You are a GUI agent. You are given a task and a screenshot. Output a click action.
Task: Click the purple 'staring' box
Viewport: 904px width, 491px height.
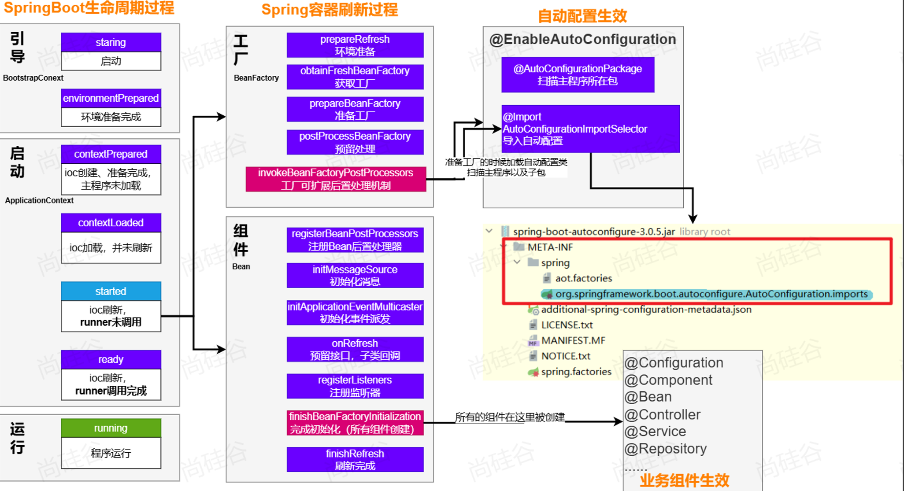[111, 42]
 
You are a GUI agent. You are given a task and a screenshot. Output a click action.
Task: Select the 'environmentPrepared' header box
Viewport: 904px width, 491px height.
[111, 98]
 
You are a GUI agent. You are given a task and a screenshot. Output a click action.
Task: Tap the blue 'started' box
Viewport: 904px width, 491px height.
[111, 291]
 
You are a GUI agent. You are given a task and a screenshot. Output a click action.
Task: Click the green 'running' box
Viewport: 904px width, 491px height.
[111, 428]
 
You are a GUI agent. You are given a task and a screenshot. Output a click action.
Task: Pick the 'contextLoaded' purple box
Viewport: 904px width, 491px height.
[111, 223]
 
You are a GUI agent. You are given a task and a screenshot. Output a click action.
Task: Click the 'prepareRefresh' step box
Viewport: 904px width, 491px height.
[355, 45]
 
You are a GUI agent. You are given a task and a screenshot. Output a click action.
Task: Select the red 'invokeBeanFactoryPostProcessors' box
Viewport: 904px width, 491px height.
[335, 179]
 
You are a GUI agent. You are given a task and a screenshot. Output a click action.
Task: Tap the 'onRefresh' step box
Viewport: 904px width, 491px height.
[355, 349]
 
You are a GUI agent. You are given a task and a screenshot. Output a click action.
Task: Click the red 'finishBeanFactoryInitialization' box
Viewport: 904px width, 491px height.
[355, 423]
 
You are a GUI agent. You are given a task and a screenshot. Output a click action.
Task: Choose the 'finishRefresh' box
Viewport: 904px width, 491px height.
[355, 459]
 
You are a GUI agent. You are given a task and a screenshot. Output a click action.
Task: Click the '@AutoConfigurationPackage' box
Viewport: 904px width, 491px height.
[578, 74]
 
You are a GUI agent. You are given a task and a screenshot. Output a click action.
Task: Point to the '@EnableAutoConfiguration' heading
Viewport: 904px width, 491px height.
[582, 39]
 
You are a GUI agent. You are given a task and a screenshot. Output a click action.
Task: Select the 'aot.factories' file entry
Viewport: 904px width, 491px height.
[583, 278]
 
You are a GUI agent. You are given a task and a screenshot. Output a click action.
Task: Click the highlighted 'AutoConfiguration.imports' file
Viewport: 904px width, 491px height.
[711, 294]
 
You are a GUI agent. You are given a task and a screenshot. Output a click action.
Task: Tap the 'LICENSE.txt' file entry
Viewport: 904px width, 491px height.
[567, 325]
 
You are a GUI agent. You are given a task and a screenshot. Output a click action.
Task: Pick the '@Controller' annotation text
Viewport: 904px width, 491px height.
[662, 414]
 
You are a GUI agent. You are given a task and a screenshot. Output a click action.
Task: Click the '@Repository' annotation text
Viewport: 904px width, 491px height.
[665, 449]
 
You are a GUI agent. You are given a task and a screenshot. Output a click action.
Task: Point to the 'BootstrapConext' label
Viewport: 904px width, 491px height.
[33, 78]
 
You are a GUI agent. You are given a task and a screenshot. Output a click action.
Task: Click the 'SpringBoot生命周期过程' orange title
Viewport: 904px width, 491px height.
[89, 8]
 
